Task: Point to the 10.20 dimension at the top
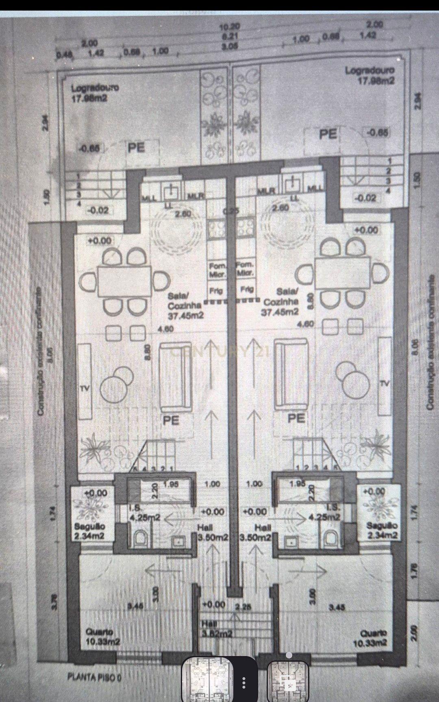(230, 27)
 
